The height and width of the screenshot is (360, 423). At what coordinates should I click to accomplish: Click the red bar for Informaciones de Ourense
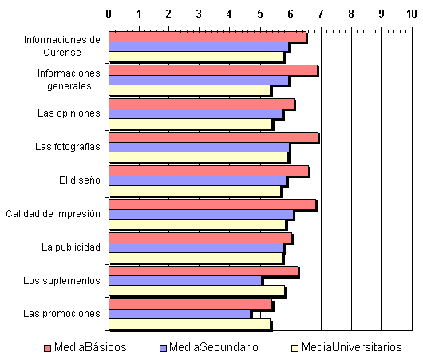208,37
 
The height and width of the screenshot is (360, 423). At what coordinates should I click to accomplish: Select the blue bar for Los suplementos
185,281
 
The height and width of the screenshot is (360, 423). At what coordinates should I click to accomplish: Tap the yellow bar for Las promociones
189,324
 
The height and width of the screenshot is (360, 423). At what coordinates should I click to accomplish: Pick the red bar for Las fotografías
213,137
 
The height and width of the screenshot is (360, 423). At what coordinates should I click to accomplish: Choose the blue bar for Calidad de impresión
201,214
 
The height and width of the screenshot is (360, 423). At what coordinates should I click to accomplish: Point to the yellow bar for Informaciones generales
189,90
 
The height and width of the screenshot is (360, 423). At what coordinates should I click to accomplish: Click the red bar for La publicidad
200,238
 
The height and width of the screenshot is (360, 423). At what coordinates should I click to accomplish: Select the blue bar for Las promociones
180,314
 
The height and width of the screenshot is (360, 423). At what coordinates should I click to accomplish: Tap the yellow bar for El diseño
195,191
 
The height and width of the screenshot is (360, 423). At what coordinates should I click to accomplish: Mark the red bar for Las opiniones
201,104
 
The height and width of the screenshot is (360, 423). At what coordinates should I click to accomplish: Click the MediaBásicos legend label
90,347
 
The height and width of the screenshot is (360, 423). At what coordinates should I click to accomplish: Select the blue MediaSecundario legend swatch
163,348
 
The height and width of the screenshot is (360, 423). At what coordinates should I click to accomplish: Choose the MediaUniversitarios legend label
351,347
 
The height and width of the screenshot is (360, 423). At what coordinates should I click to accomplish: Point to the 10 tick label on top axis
412,14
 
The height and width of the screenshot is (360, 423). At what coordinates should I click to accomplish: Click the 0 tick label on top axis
109,14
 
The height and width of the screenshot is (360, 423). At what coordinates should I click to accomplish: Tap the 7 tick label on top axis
321,14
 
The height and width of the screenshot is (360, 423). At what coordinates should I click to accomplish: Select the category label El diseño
80,180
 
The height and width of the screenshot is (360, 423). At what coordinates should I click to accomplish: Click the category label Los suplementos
61,281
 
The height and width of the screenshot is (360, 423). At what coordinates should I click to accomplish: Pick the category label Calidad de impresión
53,214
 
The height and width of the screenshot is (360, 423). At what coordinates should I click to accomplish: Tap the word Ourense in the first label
62,53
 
